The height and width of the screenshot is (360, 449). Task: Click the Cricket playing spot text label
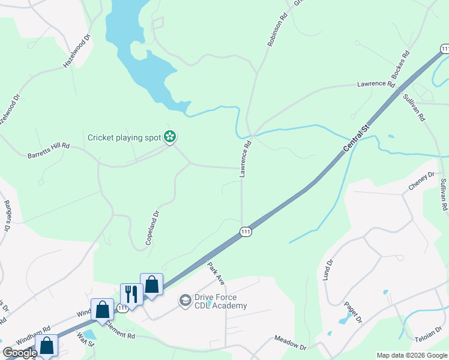pyautogui.click(x=124, y=137)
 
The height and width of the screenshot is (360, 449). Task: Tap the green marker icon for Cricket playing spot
pyautogui.click(x=170, y=137)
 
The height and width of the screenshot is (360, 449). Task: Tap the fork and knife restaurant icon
pyautogui.click(x=131, y=294)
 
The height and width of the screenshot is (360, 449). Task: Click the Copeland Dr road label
pyautogui.click(x=152, y=228)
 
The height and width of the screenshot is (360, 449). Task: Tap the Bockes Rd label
pyautogui.click(x=400, y=65)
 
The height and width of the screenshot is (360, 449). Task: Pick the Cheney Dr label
pyautogui.click(x=421, y=181)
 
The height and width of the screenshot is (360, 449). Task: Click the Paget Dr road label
pyautogui.click(x=352, y=313)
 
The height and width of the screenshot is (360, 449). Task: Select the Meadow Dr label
pyautogui.click(x=291, y=343)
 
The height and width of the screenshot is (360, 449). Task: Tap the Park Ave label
pyautogui.click(x=215, y=272)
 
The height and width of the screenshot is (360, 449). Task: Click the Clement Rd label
pyautogui.click(x=119, y=328)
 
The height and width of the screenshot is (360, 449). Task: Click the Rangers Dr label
pyautogui.click(x=7, y=216)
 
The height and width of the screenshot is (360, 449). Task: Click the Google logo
pyautogui.click(x=20, y=353)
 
